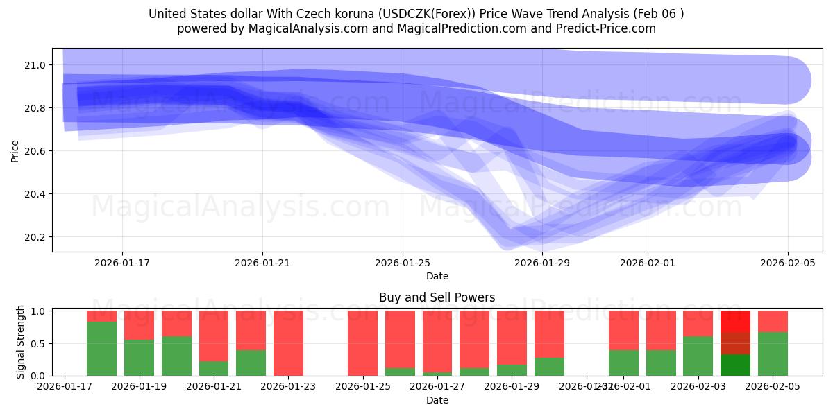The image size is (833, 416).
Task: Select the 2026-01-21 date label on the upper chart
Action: [x=262, y=263]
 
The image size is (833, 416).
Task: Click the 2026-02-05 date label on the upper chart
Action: [x=787, y=263]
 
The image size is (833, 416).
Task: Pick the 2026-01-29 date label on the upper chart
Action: [x=543, y=263]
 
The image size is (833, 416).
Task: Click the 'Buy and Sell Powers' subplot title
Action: [x=437, y=297]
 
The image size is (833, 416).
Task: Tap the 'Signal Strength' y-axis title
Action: [x=21, y=342]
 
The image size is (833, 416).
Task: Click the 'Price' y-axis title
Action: [x=15, y=150]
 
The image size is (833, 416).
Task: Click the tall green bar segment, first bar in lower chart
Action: [x=101, y=349]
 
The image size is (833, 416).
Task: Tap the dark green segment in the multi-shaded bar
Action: [x=735, y=365]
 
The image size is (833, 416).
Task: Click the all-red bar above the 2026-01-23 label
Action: [x=288, y=343]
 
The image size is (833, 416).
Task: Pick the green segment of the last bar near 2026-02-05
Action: [x=773, y=354]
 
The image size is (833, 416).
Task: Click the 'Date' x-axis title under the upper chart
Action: [x=437, y=276]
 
